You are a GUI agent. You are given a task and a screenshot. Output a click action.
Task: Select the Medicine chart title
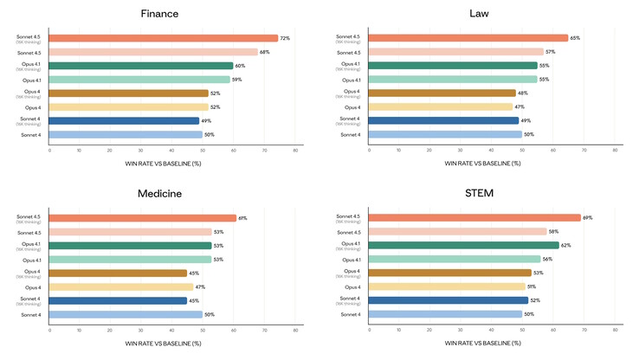[x=159, y=193]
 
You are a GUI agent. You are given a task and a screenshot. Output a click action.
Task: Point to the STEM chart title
[x=479, y=193]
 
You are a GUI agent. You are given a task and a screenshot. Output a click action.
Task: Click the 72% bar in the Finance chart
[x=164, y=38]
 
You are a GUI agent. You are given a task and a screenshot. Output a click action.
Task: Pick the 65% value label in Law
[x=576, y=38]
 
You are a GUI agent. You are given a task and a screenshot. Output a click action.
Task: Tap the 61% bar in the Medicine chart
[x=143, y=218]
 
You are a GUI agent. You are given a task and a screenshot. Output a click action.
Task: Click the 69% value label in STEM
[x=588, y=218]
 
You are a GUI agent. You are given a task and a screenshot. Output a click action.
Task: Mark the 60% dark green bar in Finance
[x=141, y=66]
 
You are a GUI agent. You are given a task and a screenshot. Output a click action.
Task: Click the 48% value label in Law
[x=523, y=93]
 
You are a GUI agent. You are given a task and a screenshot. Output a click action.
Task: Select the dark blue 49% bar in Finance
[x=125, y=121]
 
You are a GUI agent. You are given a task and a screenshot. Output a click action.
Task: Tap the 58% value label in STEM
[x=554, y=232]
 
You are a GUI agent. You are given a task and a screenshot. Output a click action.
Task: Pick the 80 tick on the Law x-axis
[x=615, y=150]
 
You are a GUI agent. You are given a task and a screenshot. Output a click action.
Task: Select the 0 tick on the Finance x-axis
[x=50, y=150]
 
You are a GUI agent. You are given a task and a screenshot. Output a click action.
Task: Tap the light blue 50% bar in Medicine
[x=126, y=315]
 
